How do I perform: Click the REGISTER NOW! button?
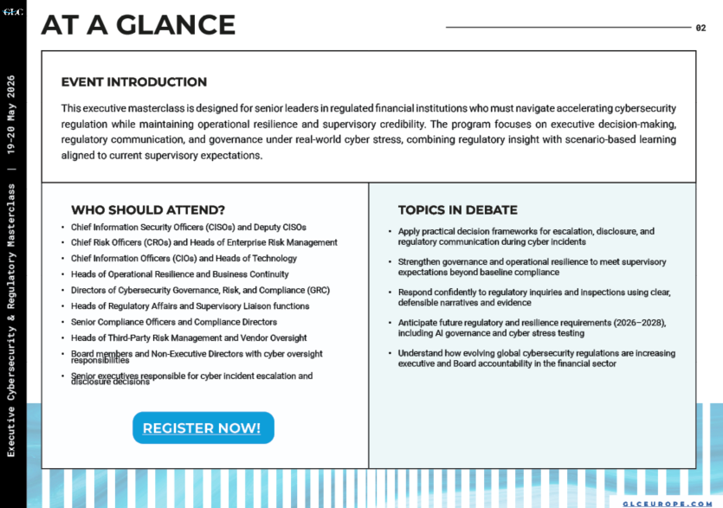point(203,428)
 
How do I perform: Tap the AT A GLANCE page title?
point(138,24)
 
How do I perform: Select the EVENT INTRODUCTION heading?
point(133,82)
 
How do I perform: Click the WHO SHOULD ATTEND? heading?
point(147,209)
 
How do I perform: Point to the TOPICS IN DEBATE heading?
point(457,209)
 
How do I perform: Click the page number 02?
point(700,28)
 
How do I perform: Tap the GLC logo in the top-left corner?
point(13,12)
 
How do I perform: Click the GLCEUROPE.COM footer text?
point(668,503)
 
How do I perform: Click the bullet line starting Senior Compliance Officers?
point(174,322)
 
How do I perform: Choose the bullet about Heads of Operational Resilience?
point(180,274)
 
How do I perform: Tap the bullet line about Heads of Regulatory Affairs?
point(190,305)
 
